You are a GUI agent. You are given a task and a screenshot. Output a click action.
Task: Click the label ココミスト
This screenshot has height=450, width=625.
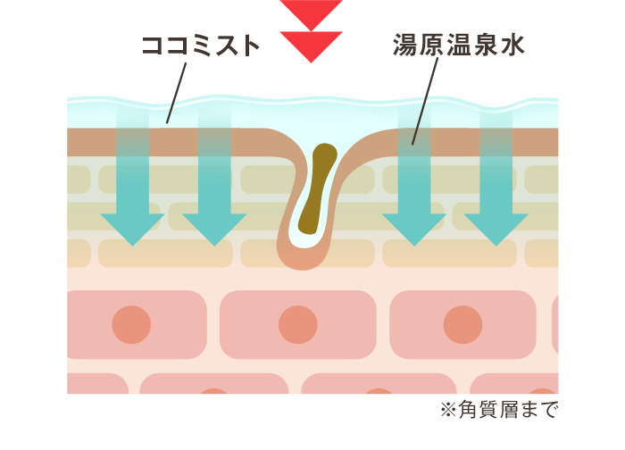point(201,46)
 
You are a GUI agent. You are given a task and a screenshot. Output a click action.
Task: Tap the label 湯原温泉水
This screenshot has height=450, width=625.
point(458,46)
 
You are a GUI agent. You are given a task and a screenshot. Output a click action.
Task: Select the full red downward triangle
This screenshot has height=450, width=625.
point(311,45)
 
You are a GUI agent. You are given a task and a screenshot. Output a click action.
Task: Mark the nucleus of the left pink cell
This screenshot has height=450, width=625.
point(132,324)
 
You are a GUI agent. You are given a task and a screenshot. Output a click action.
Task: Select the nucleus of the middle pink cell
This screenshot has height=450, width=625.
point(297,324)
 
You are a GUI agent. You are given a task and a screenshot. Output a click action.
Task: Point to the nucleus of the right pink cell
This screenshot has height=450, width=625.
point(462,324)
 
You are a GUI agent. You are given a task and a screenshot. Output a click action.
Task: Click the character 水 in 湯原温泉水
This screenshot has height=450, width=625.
point(511,46)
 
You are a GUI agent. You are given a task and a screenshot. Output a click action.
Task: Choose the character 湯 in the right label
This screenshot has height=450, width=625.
point(405,46)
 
